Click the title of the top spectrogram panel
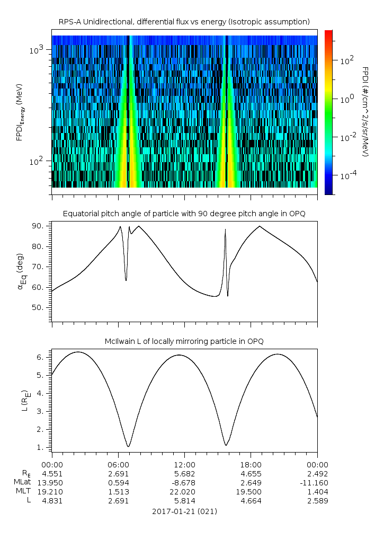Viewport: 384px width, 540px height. click(184, 22)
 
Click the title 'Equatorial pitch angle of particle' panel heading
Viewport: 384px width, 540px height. click(184, 214)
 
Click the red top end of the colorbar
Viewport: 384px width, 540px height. click(328, 33)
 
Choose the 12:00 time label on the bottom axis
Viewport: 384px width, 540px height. click(184, 465)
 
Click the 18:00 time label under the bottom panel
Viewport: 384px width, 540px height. click(251, 465)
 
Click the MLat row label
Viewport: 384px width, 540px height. click(23, 482)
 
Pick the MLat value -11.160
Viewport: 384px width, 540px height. click(316, 482)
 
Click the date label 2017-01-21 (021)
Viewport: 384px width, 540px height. click(184, 511)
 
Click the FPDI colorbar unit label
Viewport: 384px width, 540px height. click(365, 112)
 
